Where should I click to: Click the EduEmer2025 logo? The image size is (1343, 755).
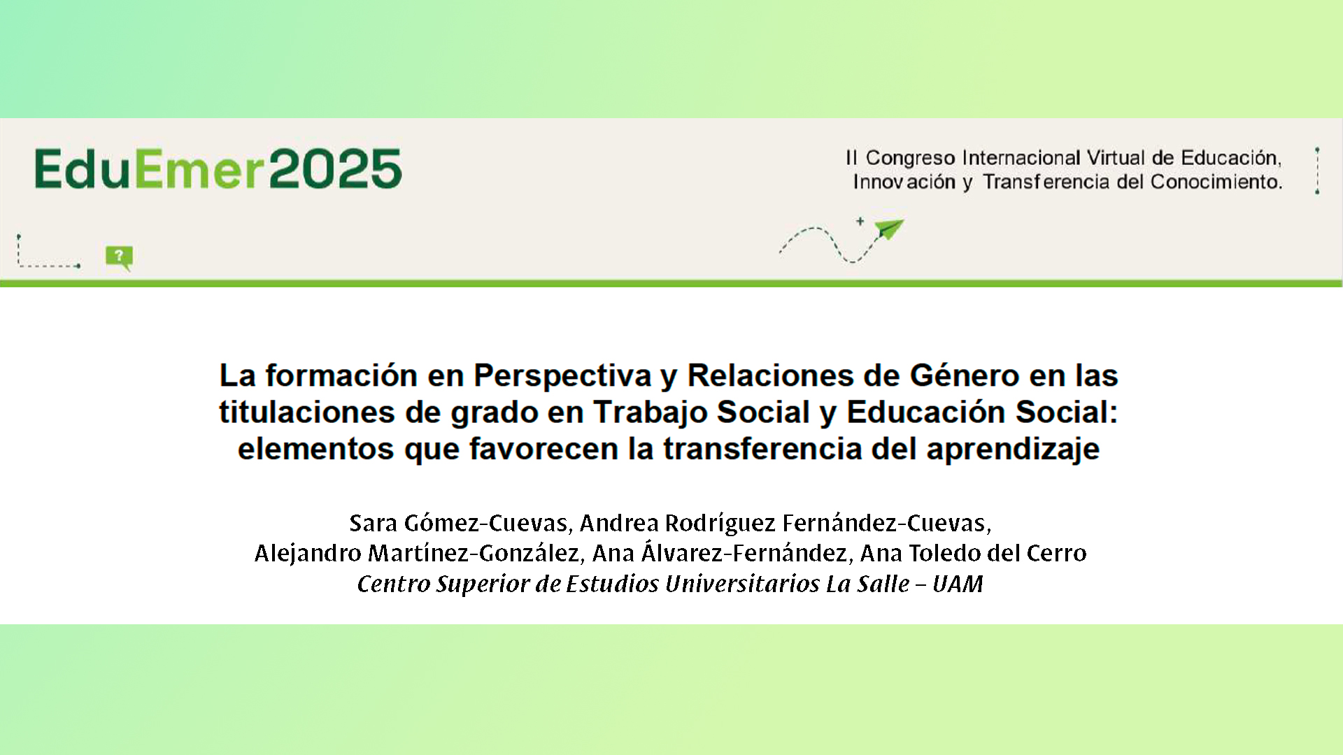tap(218, 168)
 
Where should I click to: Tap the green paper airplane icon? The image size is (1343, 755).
tap(888, 229)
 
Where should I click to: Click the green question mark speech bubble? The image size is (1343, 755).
tap(119, 257)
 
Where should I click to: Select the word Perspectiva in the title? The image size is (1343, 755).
tap(562, 375)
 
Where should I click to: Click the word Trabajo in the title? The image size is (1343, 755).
tap(650, 412)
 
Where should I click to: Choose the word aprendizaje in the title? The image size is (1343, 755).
tap(1013, 449)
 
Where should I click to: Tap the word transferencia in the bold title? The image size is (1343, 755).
tap(762, 449)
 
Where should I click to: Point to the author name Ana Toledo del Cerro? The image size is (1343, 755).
tap(973, 553)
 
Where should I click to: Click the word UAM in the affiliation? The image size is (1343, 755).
tap(958, 584)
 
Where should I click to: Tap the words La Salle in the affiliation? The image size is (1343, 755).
tap(867, 584)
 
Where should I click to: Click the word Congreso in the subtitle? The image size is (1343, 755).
tap(910, 158)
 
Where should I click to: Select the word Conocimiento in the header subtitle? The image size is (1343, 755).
tap(1216, 182)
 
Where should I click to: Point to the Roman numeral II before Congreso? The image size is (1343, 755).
tap(851, 157)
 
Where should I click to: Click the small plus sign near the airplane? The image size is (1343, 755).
tap(860, 221)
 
